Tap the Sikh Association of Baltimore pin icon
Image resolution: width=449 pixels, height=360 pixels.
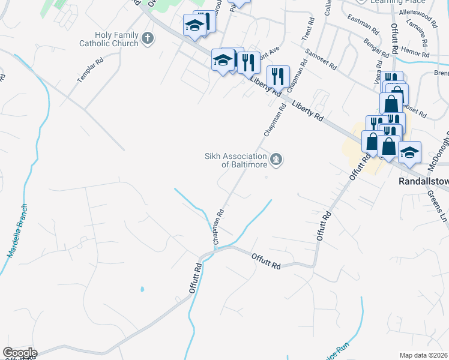276,160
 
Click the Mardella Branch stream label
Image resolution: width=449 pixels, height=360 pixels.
18,231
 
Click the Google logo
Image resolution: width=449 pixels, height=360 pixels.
19,353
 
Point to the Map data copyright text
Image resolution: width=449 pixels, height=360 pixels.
424,355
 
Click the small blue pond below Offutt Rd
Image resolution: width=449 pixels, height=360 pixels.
142,290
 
